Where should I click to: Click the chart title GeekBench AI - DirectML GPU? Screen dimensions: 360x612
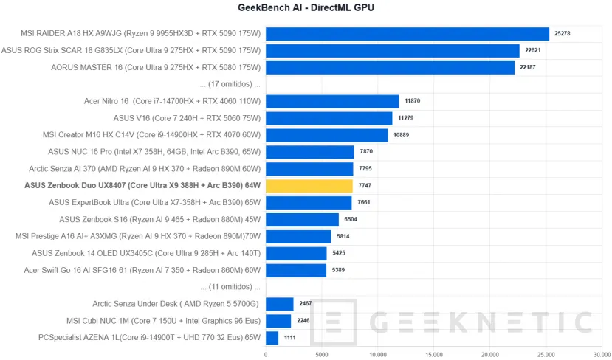306,8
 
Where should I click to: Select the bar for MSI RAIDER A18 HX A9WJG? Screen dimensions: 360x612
407,34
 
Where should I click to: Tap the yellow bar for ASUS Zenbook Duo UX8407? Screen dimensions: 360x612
309,186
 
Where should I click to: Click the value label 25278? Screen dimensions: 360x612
563,34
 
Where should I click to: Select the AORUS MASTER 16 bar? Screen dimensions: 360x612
390,68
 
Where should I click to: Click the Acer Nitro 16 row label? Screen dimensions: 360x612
173,101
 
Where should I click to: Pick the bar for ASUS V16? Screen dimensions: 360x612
329,118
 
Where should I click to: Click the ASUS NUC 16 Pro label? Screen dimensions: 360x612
154,152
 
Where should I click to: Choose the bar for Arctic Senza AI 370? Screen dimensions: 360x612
309,169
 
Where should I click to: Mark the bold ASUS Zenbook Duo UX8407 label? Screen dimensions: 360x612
142,186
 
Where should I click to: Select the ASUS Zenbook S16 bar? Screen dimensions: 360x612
302,220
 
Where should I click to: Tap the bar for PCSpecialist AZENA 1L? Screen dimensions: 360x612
272,338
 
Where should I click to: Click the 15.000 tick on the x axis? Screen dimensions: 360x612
434,354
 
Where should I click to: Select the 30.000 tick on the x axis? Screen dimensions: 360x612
602,354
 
